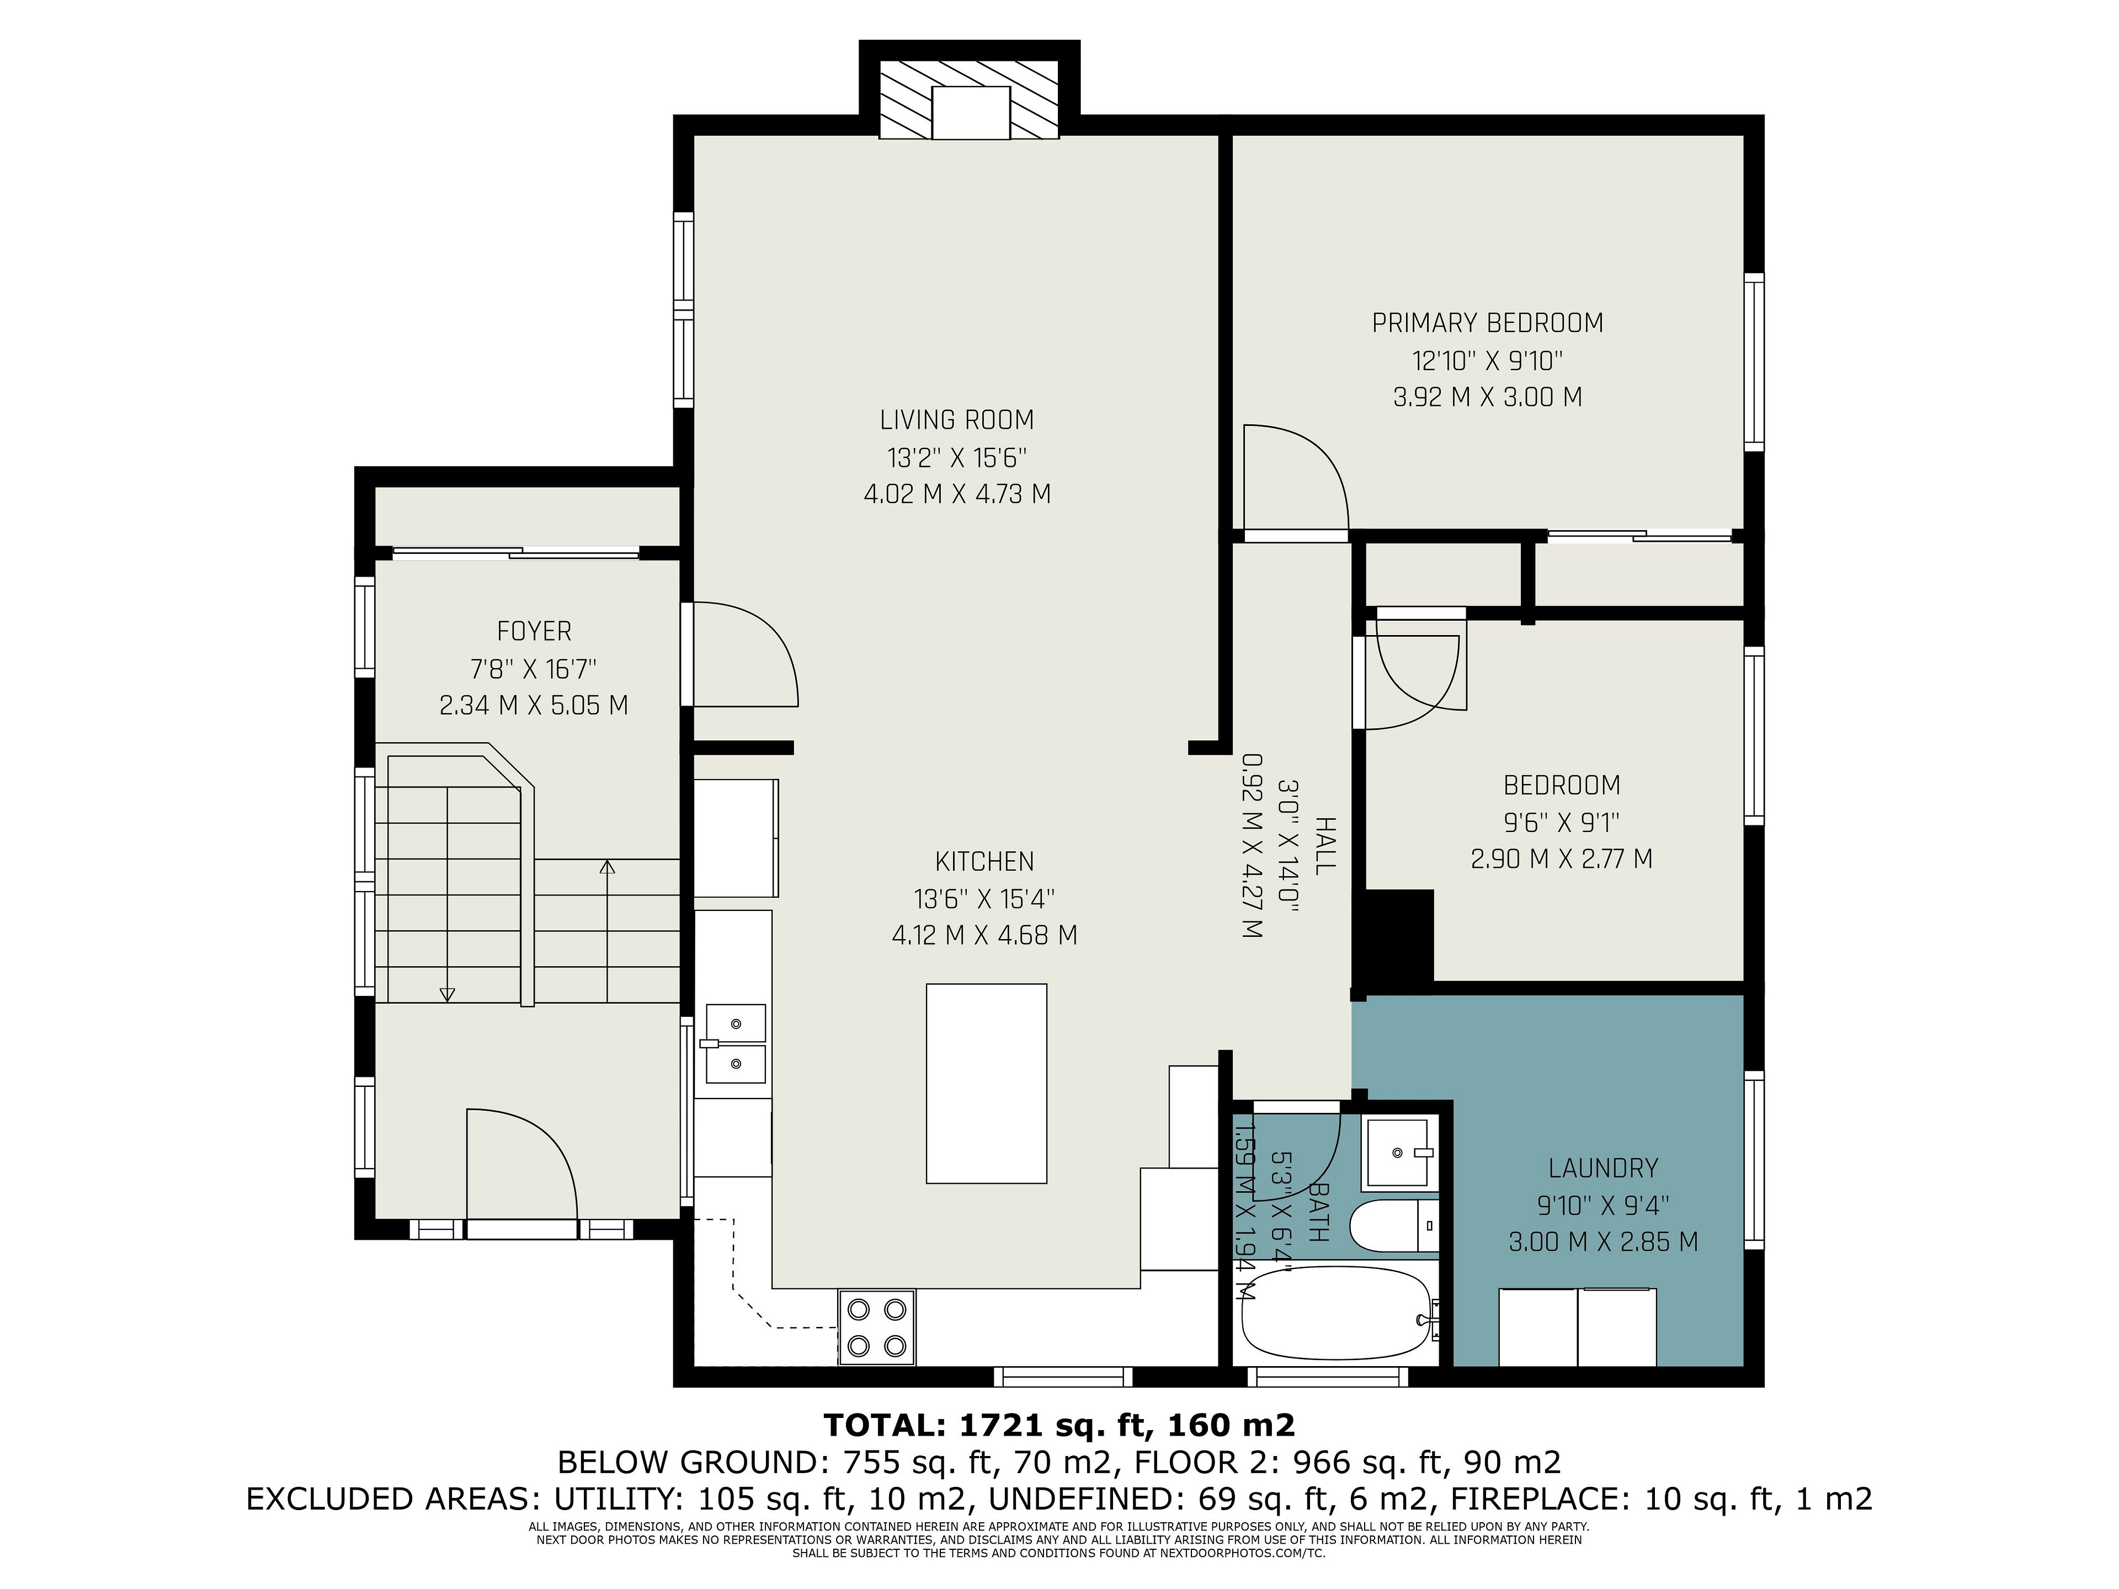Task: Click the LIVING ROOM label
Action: [x=957, y=419]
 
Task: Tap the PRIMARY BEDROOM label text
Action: [x=1488, y=323]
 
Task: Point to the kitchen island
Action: [x=986, y=1083]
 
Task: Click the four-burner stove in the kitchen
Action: [x=876, y=1326]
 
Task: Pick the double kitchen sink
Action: [x=736, y=1043]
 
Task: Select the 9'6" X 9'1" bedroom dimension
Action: [x=1562, y=822]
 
